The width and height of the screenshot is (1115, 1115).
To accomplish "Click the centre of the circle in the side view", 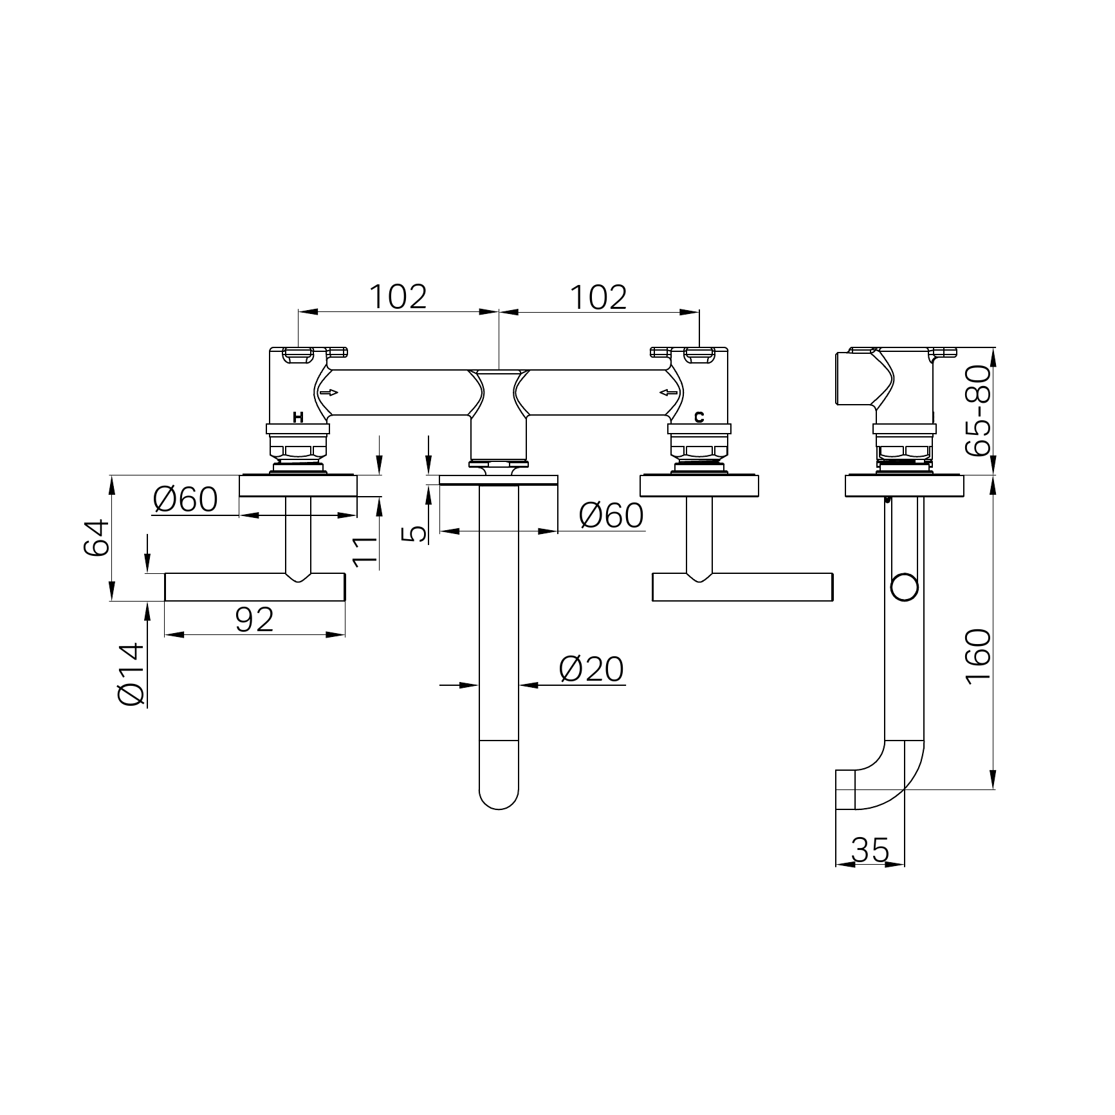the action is tap(904, 588).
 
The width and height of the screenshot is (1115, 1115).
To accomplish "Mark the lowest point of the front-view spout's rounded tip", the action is tap(499, 809).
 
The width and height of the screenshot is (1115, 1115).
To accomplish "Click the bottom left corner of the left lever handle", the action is tap(165, 601).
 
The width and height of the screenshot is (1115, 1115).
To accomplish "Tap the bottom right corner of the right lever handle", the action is tap(833, 601).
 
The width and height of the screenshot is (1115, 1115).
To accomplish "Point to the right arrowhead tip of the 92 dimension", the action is tap(345, 634).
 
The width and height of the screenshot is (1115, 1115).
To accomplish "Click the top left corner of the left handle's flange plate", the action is tap(240, 475).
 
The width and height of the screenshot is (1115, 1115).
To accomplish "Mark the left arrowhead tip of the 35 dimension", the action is tap(836, 864).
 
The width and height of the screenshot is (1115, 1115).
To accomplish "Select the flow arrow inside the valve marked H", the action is tap(329, 392).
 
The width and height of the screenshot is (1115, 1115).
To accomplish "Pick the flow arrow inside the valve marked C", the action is tap(668, 392).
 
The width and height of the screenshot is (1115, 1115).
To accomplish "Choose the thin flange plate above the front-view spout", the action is tap(499, 480).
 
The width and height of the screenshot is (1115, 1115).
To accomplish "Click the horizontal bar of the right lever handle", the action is tap(742, 587).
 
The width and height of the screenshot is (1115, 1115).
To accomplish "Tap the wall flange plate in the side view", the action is tap(904, 486).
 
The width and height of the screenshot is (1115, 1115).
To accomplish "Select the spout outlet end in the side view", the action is tap(845, 789).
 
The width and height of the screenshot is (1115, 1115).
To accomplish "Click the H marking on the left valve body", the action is tap(298, 418).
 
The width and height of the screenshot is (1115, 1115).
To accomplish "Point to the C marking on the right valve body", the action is tap(699, 418).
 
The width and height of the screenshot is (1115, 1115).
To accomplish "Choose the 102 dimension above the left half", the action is tap(398, 297).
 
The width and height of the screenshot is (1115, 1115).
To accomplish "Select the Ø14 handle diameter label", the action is tap(132, 674).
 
